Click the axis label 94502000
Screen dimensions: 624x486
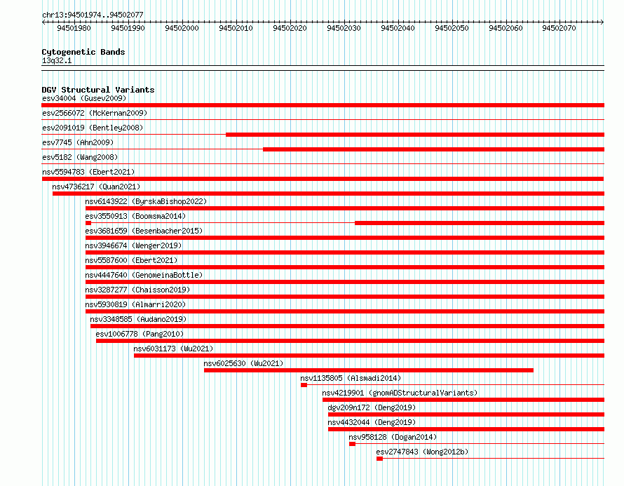(x=182, y=28)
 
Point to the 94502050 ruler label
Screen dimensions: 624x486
(x=452, y=28)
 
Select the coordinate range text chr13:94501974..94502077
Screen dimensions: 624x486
(x=93, y=15)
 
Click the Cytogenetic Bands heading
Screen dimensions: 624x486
(x=83, y=52)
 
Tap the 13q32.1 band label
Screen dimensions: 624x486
(x=57, y=60)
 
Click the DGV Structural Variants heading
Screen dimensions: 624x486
(x=98, y=90)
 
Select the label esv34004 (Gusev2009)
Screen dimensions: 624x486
(x=84, y=98)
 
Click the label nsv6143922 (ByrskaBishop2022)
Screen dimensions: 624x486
(x=146, y=201)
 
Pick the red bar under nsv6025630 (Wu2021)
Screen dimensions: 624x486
(x=369, y=370)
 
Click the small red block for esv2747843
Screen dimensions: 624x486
(x=379, y=459)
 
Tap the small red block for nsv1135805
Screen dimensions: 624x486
(x=304, y=385)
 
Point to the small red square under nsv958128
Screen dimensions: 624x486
(x=352, y=444)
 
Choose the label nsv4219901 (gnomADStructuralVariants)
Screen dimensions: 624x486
(x=400, y=393)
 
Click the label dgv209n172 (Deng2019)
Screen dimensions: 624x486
(x=372, y=407)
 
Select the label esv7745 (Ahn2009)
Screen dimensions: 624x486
(x=78, y=142)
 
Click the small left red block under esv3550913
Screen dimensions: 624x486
(x=88, y=223)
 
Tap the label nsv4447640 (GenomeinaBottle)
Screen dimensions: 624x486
(x=144, y=275)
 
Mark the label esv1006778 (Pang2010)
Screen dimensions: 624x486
(x=140, y=334)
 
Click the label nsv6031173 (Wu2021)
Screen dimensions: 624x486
(x=173, y=349)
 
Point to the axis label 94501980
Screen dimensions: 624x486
(x=74, y=28)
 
